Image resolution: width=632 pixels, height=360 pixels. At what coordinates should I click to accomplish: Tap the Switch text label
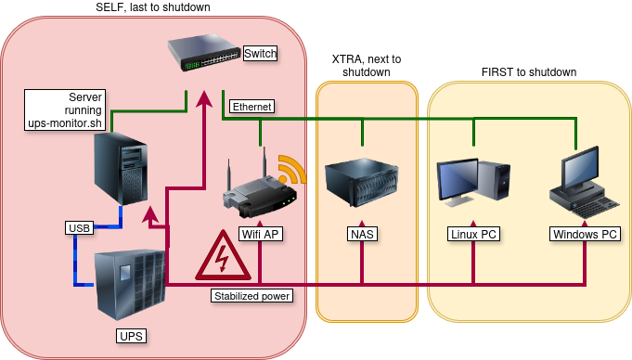coord(261,53)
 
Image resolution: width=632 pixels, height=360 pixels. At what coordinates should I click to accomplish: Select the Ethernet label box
coord(252,107)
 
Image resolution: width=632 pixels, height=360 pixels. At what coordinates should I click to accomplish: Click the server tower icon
coord(121,169)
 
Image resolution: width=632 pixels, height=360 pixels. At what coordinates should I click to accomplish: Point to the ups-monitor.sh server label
coord(65,110)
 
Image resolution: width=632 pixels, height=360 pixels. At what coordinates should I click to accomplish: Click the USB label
coord(80,227)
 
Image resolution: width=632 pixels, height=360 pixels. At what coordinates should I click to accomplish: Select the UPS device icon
coord(130,284)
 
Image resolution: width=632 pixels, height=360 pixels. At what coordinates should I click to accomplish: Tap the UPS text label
coord(132,336)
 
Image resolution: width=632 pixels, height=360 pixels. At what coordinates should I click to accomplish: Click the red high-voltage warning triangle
coord(223,256)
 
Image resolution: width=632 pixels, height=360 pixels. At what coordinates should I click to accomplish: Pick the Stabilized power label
coord(252,296)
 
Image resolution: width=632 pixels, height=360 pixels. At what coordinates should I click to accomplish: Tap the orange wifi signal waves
coord(291,169)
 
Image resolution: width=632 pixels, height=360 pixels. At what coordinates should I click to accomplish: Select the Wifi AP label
coord(261,234)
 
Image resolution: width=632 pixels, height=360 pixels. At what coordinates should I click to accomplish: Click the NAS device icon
coord(362,183)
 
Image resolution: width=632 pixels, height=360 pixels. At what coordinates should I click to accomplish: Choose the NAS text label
coord(362,234)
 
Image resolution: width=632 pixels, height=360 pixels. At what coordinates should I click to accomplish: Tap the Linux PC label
coord(473,234)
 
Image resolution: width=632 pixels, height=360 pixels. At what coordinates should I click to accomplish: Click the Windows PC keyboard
coord(597,207)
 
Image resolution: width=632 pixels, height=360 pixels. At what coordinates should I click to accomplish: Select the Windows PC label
coord(585,234)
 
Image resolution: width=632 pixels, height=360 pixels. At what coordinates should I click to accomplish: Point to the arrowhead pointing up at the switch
coord(204,98)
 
